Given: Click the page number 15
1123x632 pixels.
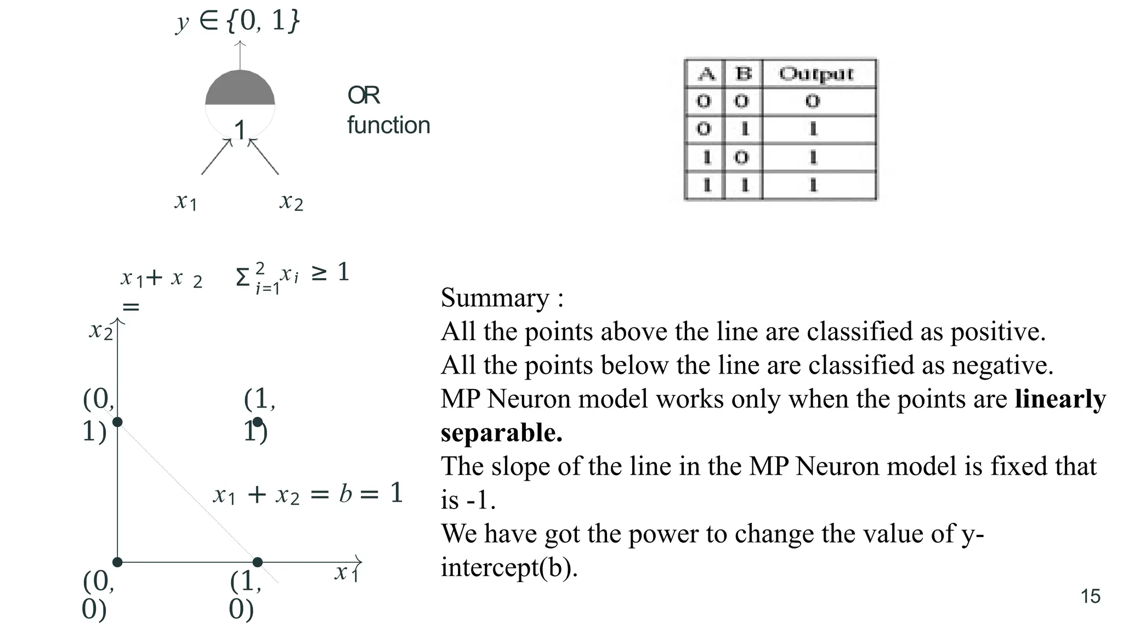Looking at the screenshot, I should coord(1090,596).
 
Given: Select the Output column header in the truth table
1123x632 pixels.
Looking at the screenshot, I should coord(816,74).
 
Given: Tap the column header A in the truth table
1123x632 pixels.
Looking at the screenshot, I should coord(706,74).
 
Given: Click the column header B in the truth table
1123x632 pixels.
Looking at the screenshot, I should coord(743,74).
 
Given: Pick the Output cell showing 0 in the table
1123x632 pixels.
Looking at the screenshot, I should coord(813,101).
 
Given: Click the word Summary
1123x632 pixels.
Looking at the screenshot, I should coord(495,298).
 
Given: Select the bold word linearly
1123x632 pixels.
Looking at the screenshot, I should coord(1059,399).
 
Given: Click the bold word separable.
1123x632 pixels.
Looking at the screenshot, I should coord(501,433).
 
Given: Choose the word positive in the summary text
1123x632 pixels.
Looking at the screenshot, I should coord(997,332).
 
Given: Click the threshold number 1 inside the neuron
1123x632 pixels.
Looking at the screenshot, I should coord(240,131).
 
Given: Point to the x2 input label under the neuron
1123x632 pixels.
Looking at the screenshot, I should coord(291,202).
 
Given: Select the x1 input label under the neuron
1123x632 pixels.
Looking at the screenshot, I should coord(185,202).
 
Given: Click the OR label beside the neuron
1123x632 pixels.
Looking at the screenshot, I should coord(363,95).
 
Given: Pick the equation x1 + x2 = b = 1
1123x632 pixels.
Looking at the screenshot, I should coord(308,494).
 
